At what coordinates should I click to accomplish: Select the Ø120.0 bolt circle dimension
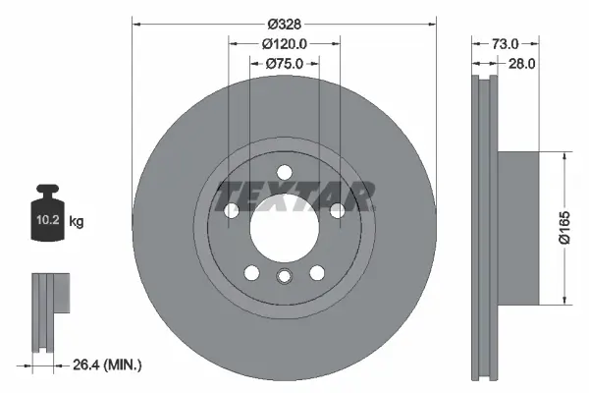coord(286,43)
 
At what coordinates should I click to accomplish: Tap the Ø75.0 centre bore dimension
coord(286,63)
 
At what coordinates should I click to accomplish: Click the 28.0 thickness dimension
coord(521,63)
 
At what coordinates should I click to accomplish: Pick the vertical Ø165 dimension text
coord(564,228)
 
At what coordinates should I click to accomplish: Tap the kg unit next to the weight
coord(77,222)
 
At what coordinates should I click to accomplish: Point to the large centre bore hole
coord(285,229)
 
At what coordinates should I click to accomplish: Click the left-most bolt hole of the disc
coord(233,210)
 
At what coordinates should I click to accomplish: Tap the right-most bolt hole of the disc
coord(337,210)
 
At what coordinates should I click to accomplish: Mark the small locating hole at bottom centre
coord(285,276)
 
